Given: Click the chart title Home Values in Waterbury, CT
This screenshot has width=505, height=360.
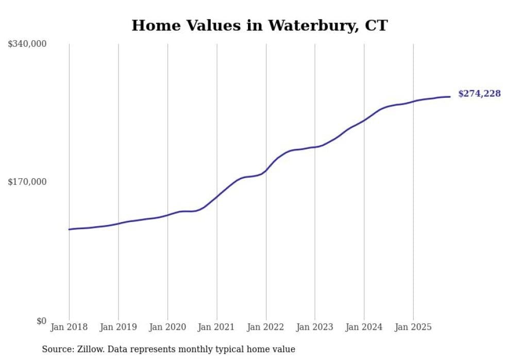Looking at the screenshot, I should pos(259,25).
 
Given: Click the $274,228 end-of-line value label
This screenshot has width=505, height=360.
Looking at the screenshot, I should pos(479,94).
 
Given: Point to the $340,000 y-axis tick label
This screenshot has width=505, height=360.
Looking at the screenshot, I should pos(27,44).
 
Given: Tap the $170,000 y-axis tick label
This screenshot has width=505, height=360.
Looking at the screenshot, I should pos(27,182).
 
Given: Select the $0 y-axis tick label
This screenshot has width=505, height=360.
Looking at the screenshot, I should pos(41,321).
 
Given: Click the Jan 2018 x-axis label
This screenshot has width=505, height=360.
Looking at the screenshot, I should pos(69,327).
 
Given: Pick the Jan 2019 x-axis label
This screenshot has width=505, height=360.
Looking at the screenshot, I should pos(119,327).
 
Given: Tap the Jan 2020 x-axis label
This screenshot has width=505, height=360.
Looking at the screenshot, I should pos(167,327).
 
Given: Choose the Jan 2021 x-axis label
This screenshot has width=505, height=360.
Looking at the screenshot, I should pos(216,327).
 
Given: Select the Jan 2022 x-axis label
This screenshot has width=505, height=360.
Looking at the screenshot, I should pos(266,327).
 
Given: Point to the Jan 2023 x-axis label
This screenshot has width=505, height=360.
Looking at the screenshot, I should pos(315,327).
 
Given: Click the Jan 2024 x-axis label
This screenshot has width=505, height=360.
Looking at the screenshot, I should pos(364,327).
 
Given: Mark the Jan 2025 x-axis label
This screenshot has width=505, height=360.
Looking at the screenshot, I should pos(413,327).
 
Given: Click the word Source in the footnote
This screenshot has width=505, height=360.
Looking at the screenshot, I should pos(57,349).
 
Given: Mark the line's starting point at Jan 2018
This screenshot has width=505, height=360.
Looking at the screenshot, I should pos(69,229).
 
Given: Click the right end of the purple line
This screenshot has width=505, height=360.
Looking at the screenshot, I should pos(450,97).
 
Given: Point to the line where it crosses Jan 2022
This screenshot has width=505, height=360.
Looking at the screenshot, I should pos(266,170).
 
